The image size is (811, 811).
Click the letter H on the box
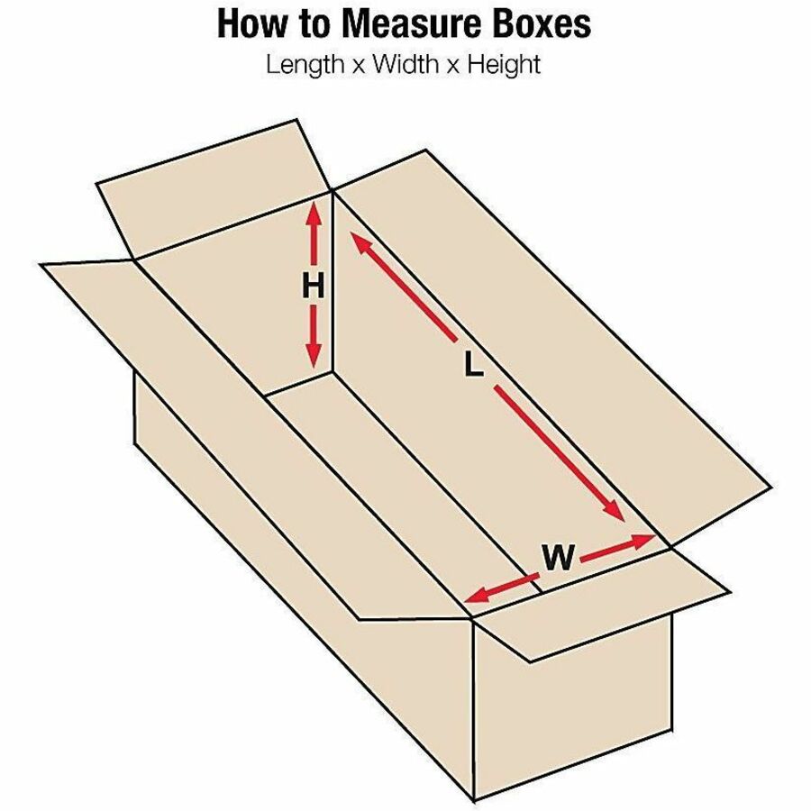coord(313,286)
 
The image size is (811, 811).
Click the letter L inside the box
coord(473,364)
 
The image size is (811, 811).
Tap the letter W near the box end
coord(559,557)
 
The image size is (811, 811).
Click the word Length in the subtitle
coord(305,65)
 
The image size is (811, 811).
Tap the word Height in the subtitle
coord(504,65)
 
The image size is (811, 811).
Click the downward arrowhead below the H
coord(313,355)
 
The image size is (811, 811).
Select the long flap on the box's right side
coord(553,347)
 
